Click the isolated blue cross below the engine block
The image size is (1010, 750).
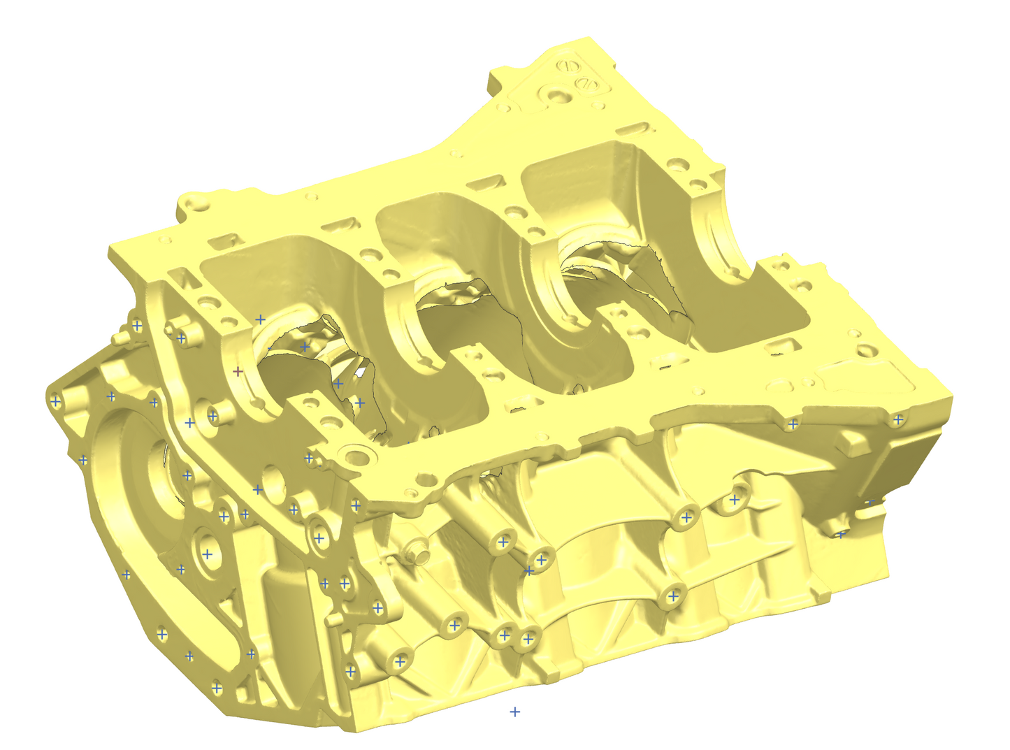point(514,712)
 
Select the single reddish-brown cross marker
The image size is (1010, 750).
point(238,371)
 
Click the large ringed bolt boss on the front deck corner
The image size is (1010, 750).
point(357,458)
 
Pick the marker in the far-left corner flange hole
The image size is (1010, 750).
point(55,401)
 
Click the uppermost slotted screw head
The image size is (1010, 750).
point(570,66)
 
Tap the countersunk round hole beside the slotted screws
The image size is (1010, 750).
point(558,94)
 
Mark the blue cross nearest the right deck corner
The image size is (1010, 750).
point(898,419)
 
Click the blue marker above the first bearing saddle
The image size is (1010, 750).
point(260,319)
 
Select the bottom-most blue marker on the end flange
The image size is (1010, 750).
point(217,688)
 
